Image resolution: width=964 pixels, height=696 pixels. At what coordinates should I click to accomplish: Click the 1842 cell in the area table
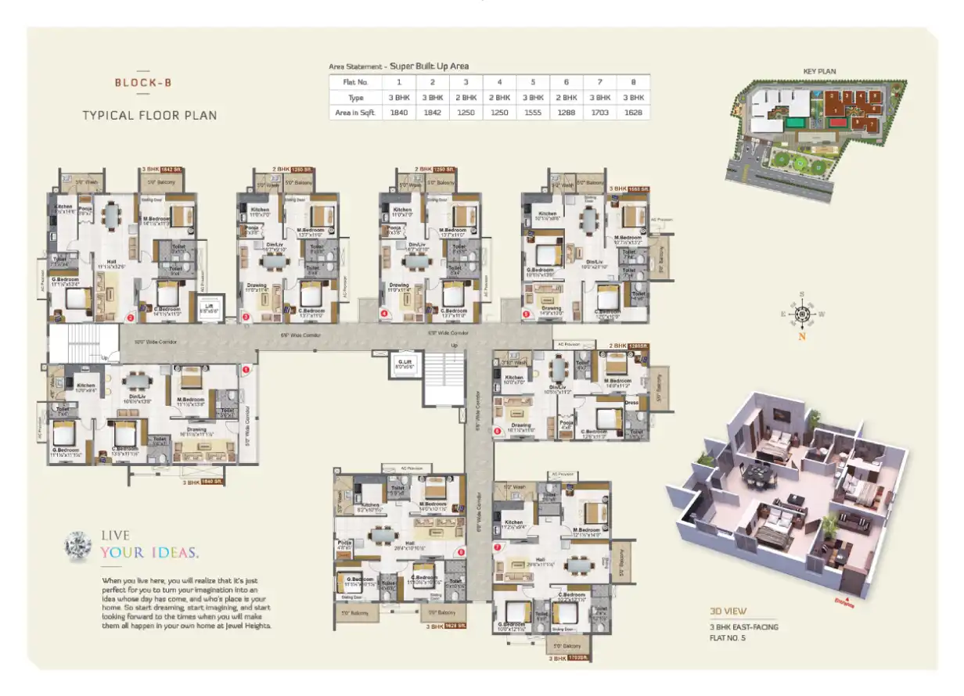coord(431,113)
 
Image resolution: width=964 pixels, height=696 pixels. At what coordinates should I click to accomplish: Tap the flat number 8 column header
coord(633,81)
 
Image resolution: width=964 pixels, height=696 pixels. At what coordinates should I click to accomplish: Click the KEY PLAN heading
coord(819,71)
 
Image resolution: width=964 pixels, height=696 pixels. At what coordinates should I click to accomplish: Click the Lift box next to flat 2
coord(208,308)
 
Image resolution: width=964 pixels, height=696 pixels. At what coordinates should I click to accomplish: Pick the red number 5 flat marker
coord(526,314)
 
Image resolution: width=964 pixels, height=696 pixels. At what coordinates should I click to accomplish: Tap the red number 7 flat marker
coord(497,547)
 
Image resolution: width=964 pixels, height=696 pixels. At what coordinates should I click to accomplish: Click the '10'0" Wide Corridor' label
coord(150,341)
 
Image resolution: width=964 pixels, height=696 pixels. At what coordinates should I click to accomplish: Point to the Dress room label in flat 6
coord(631,403)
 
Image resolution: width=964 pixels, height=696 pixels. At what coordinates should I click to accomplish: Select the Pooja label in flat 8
coord(344,543)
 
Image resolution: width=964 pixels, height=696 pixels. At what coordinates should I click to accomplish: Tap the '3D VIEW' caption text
coord(728,611)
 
